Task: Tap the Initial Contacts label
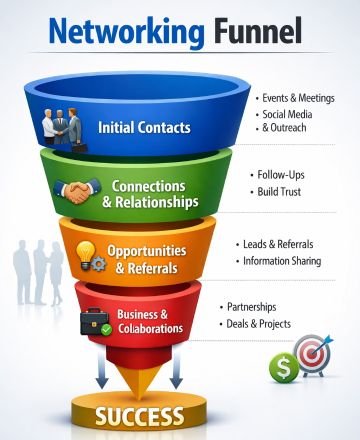point(145,128)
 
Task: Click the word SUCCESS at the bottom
point(140,415)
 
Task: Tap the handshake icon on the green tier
point(80,191)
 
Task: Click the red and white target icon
point(311,354)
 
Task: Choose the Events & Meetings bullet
point(297,98)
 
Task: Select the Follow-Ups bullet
point(285,174)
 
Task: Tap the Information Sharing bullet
point(282,261)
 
